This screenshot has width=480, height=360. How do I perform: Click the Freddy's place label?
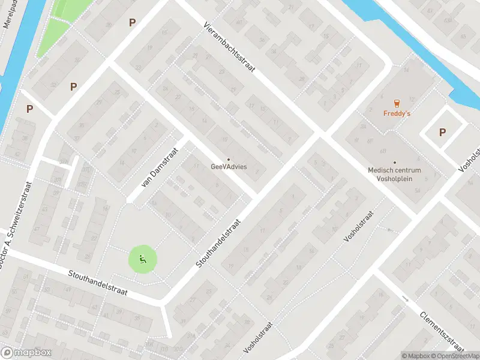pyautogui.click(x=396, y=113)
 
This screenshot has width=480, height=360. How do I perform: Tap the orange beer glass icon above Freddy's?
pyautogui.click(x=396, y=103)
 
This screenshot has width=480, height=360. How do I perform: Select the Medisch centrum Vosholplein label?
pyautogui.click(x=394, y=174)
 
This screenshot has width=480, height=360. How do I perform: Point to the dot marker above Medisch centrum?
pyautogui.click(x=394, y=162)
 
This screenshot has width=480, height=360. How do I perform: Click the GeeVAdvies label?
pyautogui.click(x=229, y=167)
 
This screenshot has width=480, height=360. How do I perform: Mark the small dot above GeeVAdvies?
pyautogui.click(x=228, y=159)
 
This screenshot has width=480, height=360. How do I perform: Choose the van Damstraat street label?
pyautogui.click(x=160, y=168)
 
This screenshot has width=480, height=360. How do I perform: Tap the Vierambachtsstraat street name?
pyautogui.click(x=229, y=48)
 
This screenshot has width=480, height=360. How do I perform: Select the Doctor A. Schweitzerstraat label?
pyautogui.click(x=17, y=223)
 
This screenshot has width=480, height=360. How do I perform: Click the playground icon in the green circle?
pyautogui.click(x=143, y=260)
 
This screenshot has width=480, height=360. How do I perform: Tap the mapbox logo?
pyautogui.click(x=26, y=352)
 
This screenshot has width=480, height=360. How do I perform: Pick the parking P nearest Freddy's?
pyautogui.click(x=442, y=133)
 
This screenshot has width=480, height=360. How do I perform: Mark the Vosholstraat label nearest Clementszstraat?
pyautogui.click(x=359, y=226)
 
